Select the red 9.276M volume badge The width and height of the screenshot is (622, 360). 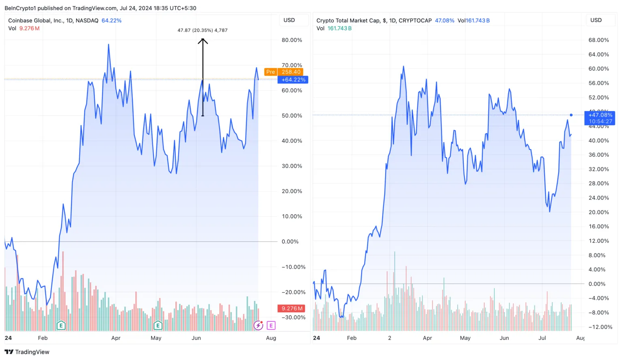click(x=292, y=309)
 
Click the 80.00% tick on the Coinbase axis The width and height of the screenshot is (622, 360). click(x=292, y=40)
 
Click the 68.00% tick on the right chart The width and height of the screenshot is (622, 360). click(x=599, y=40)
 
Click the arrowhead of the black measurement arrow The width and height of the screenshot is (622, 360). click(x=203, y=40)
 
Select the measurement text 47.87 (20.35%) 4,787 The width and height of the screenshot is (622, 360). click(x=202, y=30)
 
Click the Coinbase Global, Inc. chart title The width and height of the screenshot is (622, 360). click(x=53, y=21)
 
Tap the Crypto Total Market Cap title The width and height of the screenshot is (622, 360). click(x=374, y=21)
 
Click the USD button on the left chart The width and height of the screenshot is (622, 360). click(x=289, y=20)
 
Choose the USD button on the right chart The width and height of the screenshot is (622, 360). click(x=596, y=20)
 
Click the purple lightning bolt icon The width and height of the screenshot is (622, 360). click(x=258, y=325)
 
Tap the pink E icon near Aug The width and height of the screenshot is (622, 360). click(x=271, y=325)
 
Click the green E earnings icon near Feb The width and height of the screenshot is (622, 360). click(x=61, y=325)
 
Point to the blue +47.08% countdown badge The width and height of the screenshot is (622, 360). click(x=600, y=118)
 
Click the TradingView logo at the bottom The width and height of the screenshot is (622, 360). click(x=27, y=352)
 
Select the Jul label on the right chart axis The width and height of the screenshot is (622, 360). click(x=542, y=338)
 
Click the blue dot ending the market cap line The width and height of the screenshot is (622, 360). click(x=571, y=115)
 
